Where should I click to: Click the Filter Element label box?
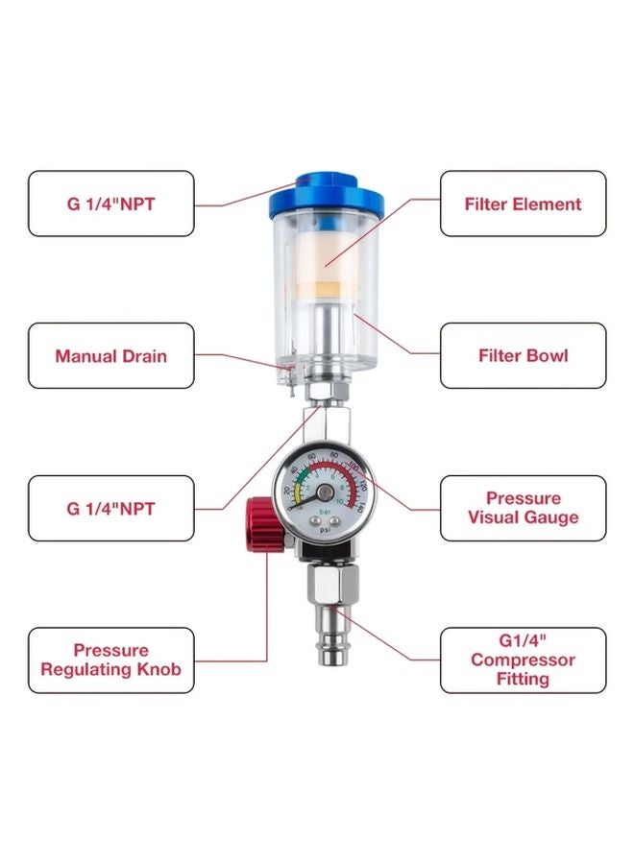tap(523, 204)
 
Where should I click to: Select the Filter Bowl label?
tap(523, 355)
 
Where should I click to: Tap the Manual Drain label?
tap(110, 355)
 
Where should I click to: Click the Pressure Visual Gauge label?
tap(523, 508)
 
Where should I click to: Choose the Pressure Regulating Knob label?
tap(110, 660)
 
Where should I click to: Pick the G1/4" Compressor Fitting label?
tap(523, 660)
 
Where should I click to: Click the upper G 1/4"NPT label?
tap(110, 204)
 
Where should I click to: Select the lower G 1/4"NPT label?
tap(110, 508)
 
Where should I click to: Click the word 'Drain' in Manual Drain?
tap(142, 356)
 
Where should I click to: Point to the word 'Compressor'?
tap(524, 660)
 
